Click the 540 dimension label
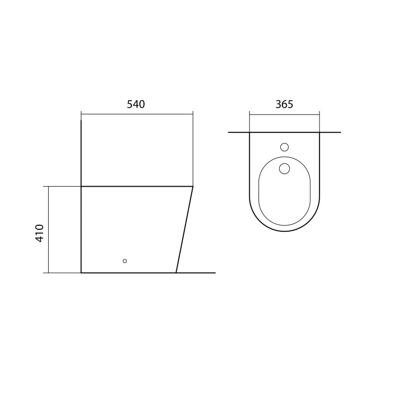(135, 104)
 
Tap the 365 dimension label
(284, 104)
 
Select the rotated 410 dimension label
(40, 233)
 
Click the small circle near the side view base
(125, 261)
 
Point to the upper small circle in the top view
(284, 147)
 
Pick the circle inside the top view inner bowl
(284, 169)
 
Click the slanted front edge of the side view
(185, 230)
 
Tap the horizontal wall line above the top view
(284, 132)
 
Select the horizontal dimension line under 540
(137, 115)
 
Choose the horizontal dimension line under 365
(284, 115)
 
